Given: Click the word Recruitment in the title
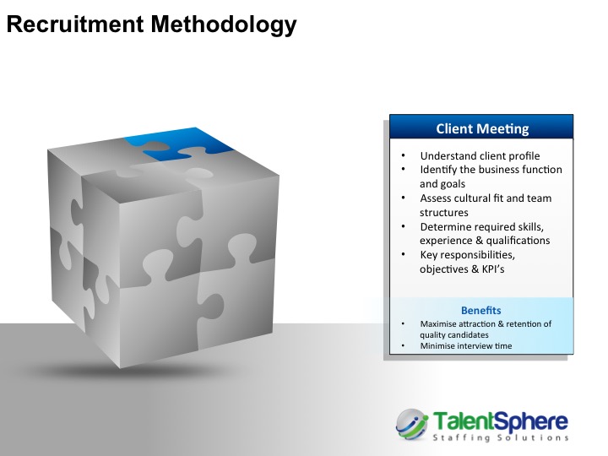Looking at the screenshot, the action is click(75, 24).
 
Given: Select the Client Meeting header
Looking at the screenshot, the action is click(482, 128).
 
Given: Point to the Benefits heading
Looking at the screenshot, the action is click(480, 310).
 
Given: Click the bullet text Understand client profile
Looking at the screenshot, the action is click(480, 156).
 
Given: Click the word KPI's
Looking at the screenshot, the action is click(493, 269).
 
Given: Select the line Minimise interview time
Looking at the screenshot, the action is click(465, 346).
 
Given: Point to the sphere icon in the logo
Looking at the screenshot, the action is click(412, 424).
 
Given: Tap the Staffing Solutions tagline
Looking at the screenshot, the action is click(500, 437).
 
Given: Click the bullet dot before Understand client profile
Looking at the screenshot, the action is click(404, 155).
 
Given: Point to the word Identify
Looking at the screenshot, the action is click(438, 170).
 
